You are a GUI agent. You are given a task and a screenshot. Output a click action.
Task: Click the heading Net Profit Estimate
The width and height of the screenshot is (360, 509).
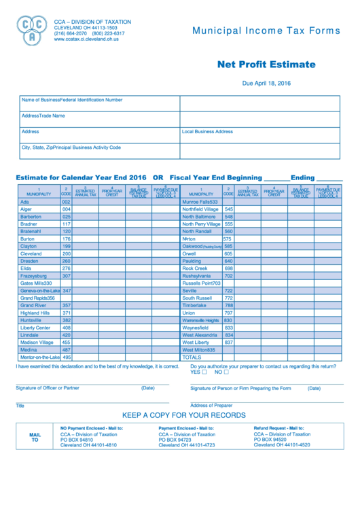pos(266,65)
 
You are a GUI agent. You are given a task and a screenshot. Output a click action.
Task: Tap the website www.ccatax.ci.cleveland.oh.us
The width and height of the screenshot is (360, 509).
pos(86,39)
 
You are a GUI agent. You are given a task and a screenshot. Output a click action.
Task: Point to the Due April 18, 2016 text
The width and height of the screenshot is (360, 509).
pos(266,83)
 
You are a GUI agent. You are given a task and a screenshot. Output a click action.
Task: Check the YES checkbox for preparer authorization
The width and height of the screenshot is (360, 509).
pos(204,372)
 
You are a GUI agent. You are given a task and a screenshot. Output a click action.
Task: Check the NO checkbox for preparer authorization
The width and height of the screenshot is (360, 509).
pos(226,372)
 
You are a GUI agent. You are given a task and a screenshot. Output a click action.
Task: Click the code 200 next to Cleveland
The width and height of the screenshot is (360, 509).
pos(67,253)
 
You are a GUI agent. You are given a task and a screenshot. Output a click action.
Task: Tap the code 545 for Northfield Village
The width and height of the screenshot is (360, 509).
pos(229,209)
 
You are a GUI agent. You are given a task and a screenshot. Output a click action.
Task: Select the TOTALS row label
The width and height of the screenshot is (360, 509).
pos(192,357)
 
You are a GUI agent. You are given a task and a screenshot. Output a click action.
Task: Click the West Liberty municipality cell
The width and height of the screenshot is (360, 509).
pos(200,342)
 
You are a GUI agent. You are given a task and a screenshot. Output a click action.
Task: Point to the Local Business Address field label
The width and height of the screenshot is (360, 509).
pos(207,132)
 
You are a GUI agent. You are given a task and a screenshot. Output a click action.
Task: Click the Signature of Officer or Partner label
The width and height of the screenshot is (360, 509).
pos(48,388)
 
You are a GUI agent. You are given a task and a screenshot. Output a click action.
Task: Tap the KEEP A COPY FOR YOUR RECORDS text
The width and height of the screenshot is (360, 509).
pos(183,415)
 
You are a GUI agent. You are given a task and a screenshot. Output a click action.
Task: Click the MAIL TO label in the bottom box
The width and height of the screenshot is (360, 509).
pos(35,436)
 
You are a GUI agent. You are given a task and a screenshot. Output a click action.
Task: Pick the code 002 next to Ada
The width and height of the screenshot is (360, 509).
pos(67,202)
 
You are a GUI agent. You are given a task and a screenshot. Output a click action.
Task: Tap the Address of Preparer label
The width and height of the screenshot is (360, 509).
pos(211,405)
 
